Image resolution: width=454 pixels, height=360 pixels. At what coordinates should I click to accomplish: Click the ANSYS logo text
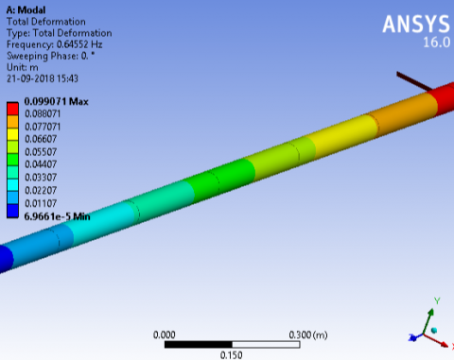416,24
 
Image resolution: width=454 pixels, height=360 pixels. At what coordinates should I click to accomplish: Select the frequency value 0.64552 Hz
79,44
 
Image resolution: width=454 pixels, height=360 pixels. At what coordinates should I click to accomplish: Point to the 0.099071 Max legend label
57,101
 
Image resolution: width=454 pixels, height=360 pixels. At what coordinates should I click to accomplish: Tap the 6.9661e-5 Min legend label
57,216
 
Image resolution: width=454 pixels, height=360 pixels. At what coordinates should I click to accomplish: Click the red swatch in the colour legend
12,109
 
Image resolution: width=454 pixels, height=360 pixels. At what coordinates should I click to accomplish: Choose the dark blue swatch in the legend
12,211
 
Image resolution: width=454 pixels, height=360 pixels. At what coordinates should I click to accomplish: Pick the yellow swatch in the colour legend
12,134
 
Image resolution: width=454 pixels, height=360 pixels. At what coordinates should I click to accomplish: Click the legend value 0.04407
41,164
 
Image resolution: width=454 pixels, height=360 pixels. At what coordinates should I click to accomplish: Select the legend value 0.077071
43,127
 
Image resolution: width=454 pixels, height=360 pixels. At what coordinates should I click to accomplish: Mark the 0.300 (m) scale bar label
308,334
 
